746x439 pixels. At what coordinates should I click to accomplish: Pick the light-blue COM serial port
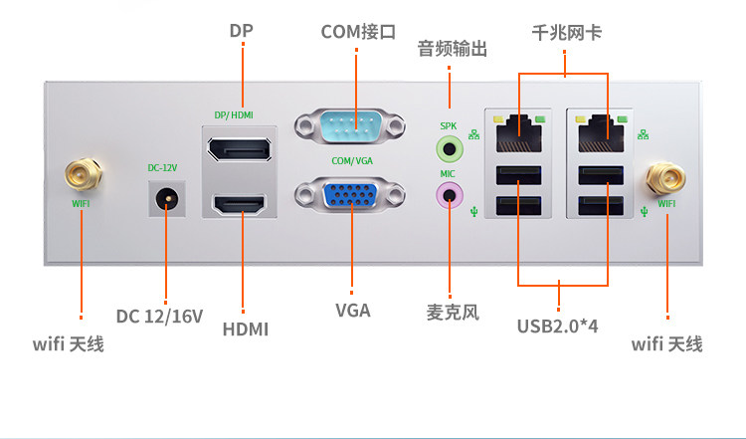(x=351, y=128)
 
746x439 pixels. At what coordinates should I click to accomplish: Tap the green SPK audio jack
(x=450, y=149)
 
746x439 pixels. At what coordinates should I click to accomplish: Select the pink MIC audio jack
(x=450, y=194)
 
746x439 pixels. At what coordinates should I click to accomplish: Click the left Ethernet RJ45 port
(x=517, y=128)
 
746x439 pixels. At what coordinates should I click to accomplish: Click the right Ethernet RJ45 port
(x=601, y=128)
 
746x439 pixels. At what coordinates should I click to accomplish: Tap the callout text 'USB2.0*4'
(x=563, y=326)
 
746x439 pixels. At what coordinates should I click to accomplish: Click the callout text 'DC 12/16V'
(x=159, y=317)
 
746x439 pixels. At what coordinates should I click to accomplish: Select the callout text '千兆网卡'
(x=567, y=33)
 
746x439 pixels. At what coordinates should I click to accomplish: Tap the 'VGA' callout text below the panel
(x=352, y=310)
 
